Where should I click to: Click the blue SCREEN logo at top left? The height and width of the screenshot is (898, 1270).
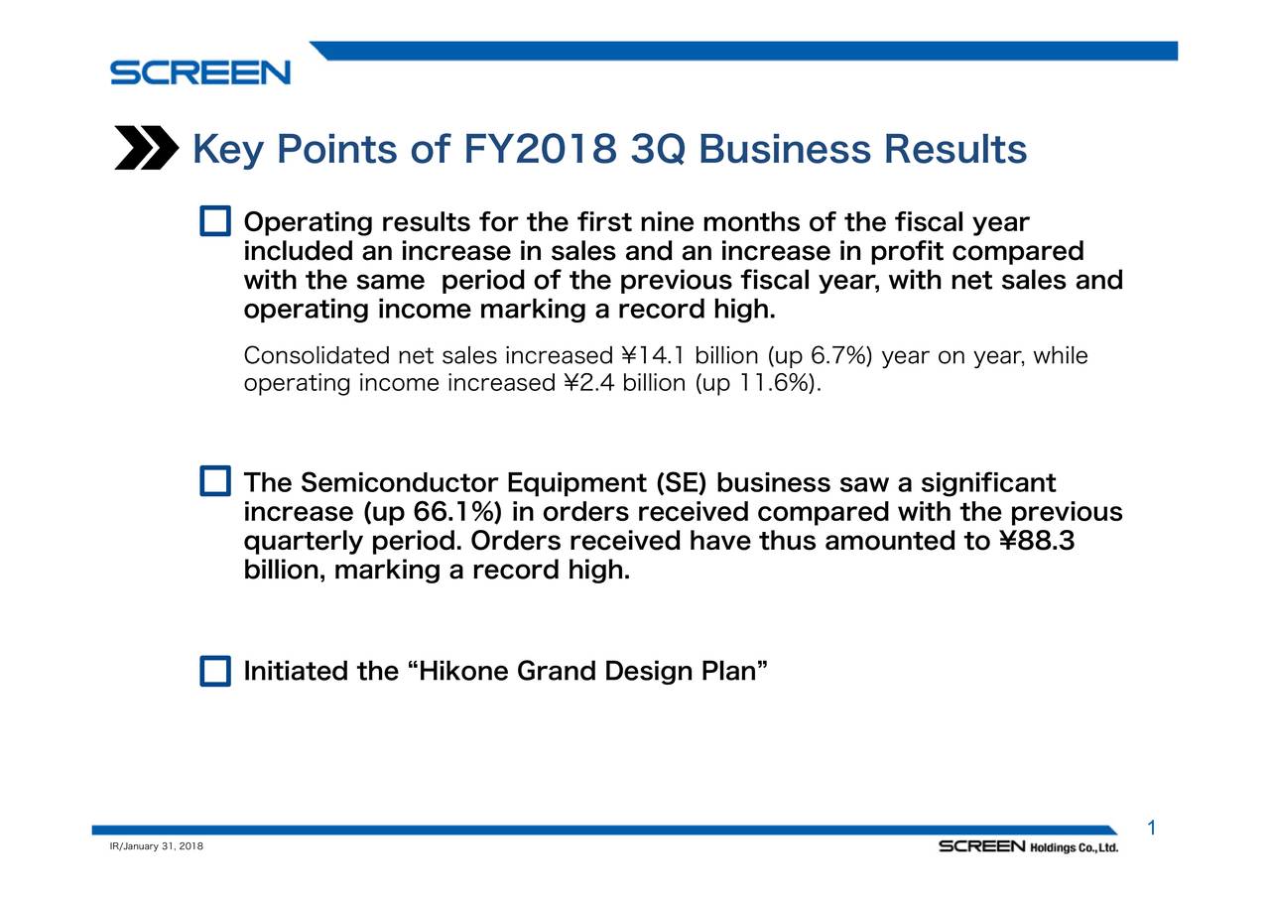point(199,72)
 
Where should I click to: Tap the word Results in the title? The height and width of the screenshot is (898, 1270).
point(954,150)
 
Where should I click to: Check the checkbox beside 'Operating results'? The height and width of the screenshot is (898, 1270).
point(214,221)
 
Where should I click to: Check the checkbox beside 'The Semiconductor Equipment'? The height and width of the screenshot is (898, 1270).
point(214,482)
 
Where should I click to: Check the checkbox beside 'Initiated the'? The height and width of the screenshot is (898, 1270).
point(214,672)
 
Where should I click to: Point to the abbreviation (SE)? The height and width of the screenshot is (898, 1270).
point(682,484)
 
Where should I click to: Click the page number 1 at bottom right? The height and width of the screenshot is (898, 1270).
point(1152,829)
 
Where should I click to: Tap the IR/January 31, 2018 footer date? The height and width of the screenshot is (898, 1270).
point(156,845)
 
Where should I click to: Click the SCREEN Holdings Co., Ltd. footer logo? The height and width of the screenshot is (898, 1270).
point(1029,846)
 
